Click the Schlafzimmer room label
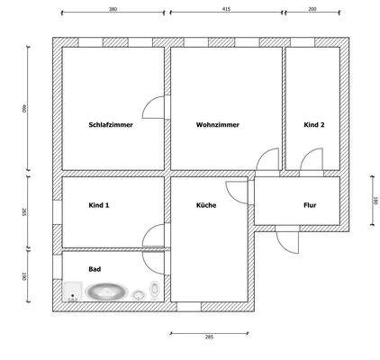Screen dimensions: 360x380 point(111,125)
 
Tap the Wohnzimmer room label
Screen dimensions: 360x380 point(217,125)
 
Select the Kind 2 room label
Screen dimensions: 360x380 point(314,125)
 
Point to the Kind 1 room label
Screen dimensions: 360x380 point(100,205)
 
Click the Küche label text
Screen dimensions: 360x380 point(206,205)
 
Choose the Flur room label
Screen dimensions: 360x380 point(310,205)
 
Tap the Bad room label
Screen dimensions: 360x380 point(95,269)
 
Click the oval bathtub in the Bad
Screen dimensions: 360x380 point(106,292)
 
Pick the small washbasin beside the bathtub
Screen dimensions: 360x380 point(138,293)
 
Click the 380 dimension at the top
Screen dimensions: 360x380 point(113,9)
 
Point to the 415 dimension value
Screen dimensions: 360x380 point(225,9)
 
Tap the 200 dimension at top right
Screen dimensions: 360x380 point(312,9)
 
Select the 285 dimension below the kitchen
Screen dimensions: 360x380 point(209,336)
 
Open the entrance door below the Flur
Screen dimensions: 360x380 point(285,238)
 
